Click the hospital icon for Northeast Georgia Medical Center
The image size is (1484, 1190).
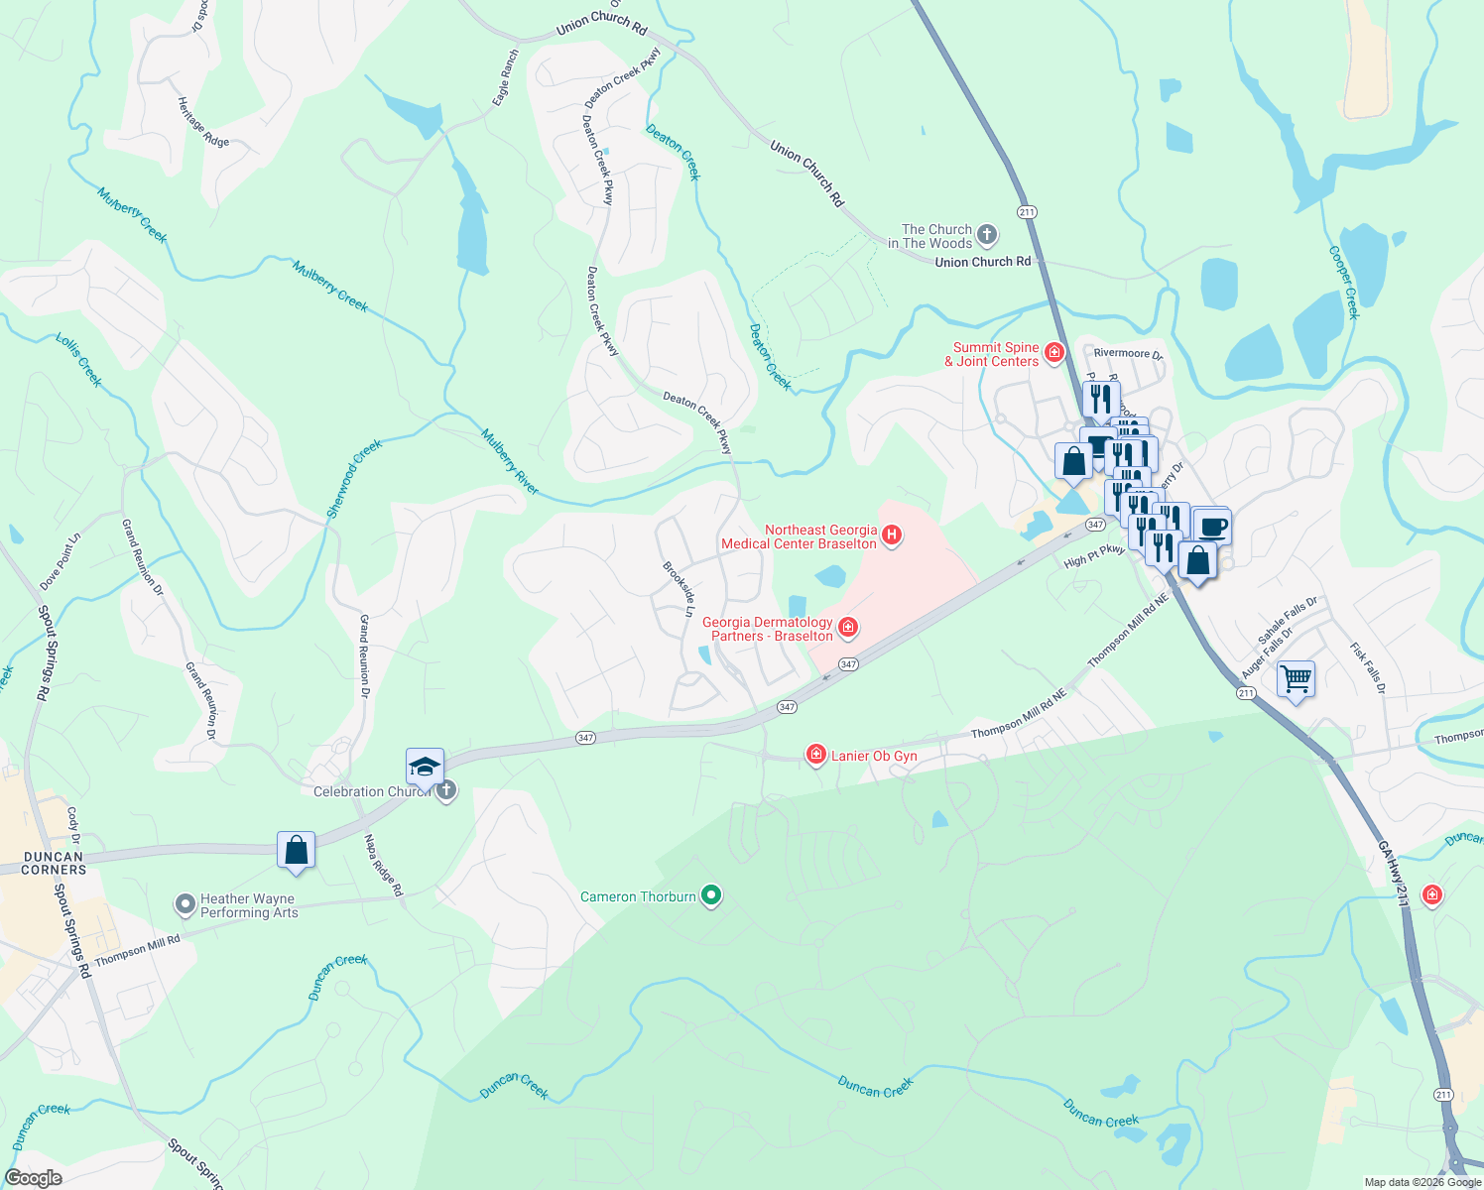(891, 535)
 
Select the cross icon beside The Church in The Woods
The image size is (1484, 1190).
(986, 235)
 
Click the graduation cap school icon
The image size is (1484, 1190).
(425, 768)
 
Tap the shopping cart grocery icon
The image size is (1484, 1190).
(1296, 679)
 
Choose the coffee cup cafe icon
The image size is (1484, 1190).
(1212, 526)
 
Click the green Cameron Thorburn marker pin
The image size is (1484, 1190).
(710, 896)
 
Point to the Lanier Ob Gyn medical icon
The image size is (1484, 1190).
(815, 756)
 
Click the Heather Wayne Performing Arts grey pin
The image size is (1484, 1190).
(185, 904)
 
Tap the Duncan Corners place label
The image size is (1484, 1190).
(54, 863)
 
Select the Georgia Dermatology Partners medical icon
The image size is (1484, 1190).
(848, 628)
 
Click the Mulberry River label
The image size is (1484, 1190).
(509, 461)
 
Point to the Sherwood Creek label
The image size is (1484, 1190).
(354, 479)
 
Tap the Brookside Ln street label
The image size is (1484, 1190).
(679, 589)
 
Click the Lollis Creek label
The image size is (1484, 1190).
(78, 360)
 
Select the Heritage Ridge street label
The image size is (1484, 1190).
(202, 122)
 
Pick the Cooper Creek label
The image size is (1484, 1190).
(1343, 283)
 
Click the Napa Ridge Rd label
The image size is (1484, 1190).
(383, 865)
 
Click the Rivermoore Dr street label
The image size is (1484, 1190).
(1128, 354)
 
